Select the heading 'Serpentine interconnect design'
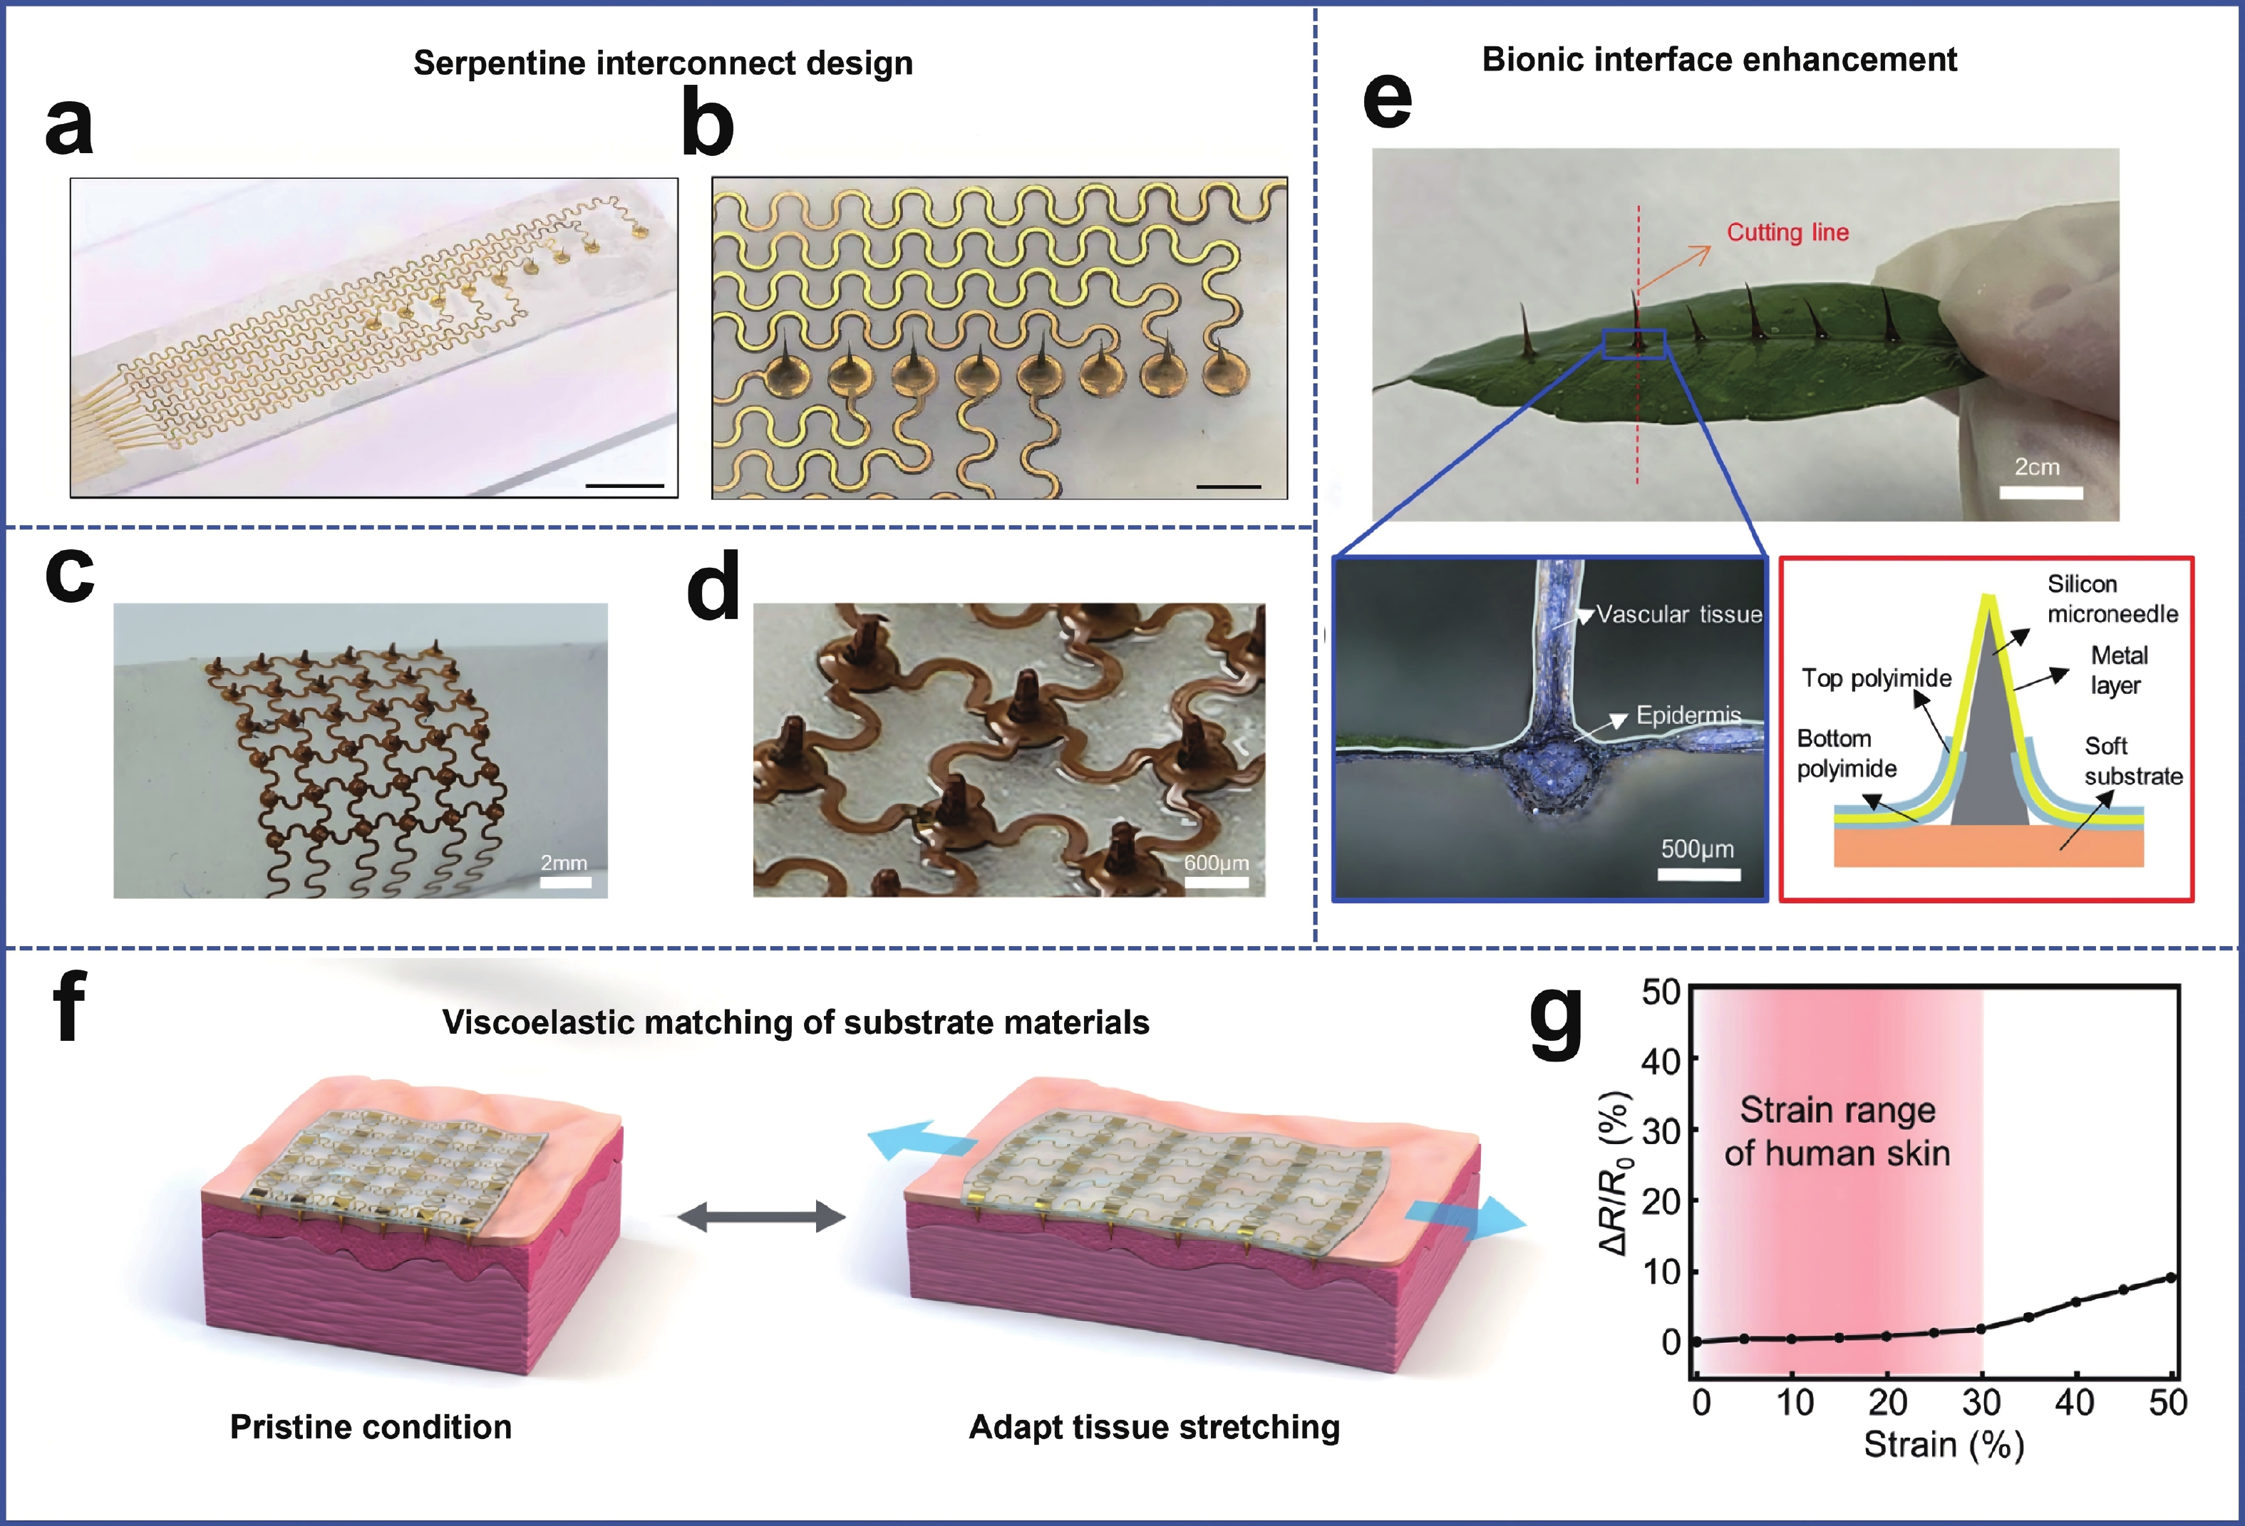pyautogui.click(x=663, y=63)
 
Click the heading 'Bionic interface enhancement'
pyautogui.click(x=1720, y=59)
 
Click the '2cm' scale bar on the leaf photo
pyautogui.click(x=2040, y=492)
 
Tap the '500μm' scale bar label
pyautogui.click(x=1697, y=849)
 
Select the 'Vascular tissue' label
pyautogui.click(x=1679, y=614)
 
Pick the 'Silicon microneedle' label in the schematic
pyautogui.click(x=2112, y=599)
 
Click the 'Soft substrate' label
pyautogui.click(x=2133, y=761)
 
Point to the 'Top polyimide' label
pyautogui.click(x=1876, y=678)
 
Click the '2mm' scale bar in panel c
pyautogui.click(x=565, y=882)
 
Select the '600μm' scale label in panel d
pyautogui.click(x=1216, y=863)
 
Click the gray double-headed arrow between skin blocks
pyautogui.click(x=761, y=1216)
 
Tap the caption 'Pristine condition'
pyautogui.click(x=371, y=1426)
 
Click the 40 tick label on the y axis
pyautogui.click(x=1661, y=1062)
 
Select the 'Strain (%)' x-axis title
pyautogui.click(x=1944, y=1445)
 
